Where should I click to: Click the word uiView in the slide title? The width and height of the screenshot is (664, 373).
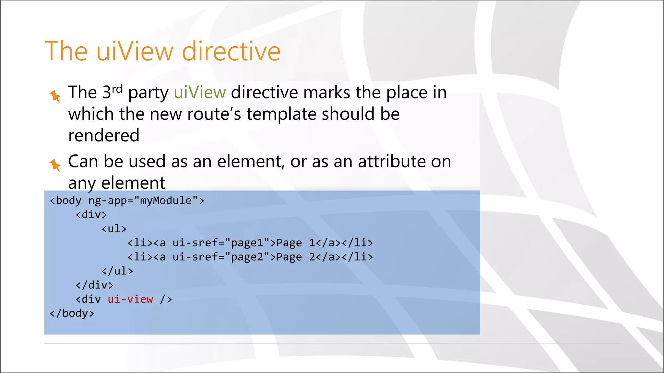coord(135,51)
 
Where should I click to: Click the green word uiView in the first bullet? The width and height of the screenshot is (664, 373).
coord(200,93)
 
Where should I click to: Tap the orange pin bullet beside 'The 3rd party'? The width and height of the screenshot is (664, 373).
coord(55,96)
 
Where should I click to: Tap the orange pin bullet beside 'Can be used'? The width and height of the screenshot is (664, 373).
coord(55,165)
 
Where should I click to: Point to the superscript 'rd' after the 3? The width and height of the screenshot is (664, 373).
coord(117,88)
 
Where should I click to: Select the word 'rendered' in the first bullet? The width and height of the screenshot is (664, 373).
coord(104,135)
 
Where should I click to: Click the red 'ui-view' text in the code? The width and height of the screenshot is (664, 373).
coord(130,299)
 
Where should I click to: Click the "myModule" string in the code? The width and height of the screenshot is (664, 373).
coord(165,200)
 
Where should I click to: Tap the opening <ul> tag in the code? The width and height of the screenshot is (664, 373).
coord(114,229)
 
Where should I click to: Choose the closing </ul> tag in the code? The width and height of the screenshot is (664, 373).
coord(117,271)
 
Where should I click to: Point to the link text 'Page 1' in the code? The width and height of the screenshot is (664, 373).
coord(295,243)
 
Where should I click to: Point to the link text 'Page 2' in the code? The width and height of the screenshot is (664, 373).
coord(295,257)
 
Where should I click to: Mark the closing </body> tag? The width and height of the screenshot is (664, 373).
coord(72,313)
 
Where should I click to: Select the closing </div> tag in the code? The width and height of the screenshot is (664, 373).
coord(94,285)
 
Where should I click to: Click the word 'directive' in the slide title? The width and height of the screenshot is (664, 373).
coord(231,51)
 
